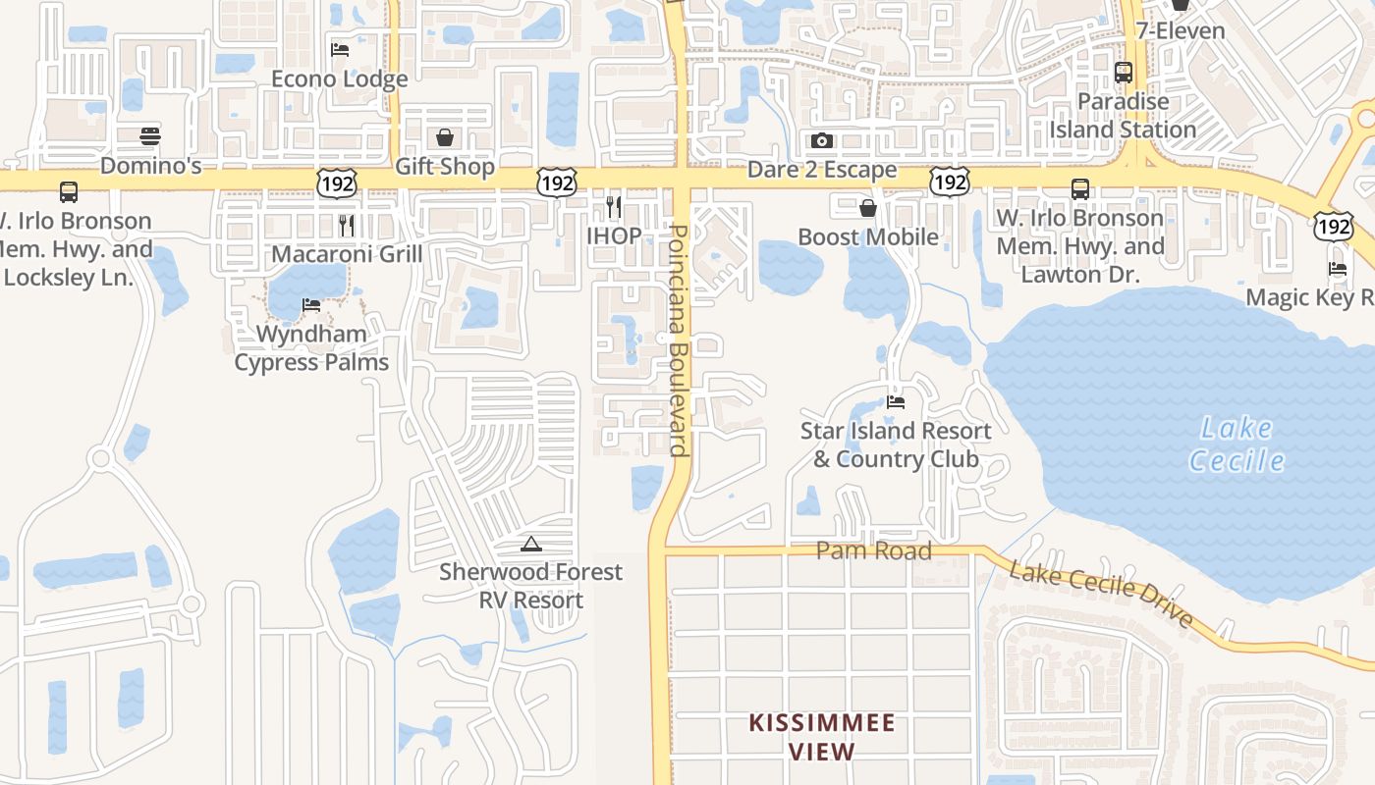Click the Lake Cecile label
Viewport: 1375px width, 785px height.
[x=1237, y=444]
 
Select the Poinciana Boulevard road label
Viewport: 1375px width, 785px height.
[x=677, y=340]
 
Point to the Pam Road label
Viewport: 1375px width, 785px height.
[x=873, y=550]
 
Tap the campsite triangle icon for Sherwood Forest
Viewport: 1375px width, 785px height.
[x=531, y=544]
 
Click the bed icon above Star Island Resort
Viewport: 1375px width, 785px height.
[x=896, y=402]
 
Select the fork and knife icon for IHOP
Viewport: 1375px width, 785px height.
[x=614, y=207]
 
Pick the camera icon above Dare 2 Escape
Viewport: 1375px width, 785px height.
[x=822, y=141]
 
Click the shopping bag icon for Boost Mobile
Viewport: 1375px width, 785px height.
[x=868, y=208]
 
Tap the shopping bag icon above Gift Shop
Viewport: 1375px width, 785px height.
[x=445, y=137]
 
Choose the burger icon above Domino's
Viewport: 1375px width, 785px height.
[x=150, y=136]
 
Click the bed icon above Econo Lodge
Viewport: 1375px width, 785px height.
[x=340, y=50]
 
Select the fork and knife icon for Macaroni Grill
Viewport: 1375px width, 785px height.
[x=347, y=226]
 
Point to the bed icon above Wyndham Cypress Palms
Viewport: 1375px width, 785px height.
[x=311, y=305]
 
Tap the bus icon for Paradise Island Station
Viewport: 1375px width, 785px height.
[x=1124, y=73]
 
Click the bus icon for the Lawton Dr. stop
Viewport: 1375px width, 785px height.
[x=1080, y=189]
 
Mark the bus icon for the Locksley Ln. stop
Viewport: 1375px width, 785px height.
[x=69, y=192]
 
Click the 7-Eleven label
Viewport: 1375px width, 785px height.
[x=1181, y=30]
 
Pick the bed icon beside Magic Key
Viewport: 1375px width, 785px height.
[x=1337, y=269]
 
